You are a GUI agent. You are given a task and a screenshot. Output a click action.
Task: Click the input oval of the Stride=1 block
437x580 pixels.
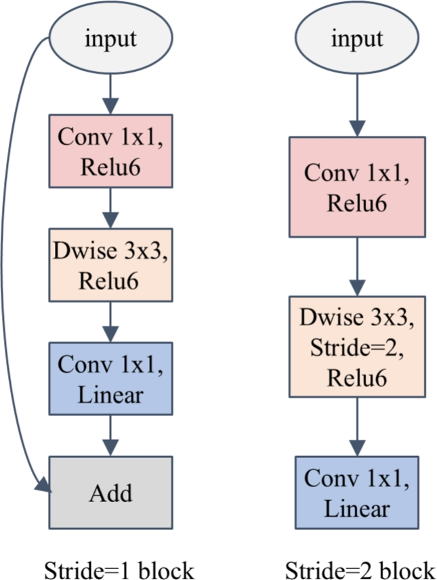(110, 39)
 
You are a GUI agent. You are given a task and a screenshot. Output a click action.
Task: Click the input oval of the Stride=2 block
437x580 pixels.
(356, 39)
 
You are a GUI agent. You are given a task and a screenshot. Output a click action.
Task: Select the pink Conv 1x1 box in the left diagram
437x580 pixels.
(110, 150)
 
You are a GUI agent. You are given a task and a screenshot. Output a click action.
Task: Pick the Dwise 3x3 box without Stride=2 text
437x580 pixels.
(110, 264)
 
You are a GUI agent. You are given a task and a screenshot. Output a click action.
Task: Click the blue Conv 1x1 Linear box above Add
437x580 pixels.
(110, 377)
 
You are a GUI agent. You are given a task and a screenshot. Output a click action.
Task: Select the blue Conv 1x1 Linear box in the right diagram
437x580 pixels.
(356, 492)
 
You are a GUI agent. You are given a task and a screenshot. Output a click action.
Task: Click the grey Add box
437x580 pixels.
(110, 493)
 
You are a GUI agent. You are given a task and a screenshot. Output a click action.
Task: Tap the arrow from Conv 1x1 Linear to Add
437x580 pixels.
(110, 434)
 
